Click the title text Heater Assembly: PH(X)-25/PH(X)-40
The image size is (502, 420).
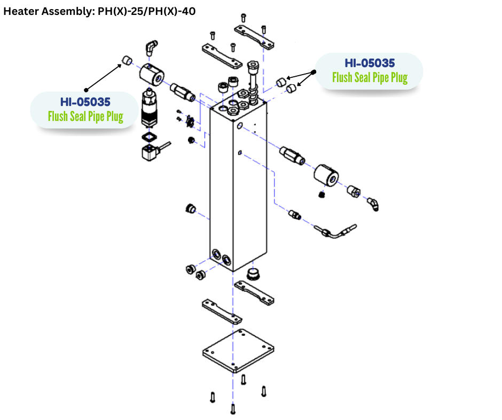[x=99, y=11]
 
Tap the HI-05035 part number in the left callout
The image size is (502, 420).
[x=85, y=101]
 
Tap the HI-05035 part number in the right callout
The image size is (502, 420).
[x=370, y=62]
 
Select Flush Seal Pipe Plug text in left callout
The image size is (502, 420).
[x=85, y=116]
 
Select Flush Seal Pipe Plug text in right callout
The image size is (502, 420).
[x=370, y=77]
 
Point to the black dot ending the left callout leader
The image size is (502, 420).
[x=86, y=88]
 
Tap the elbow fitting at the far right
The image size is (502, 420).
[x=373, y=204]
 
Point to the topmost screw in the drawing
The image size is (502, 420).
[x=243, y=17]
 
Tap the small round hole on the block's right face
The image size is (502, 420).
[x=240, y=125]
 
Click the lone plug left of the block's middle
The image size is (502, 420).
[x=189, y=207]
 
